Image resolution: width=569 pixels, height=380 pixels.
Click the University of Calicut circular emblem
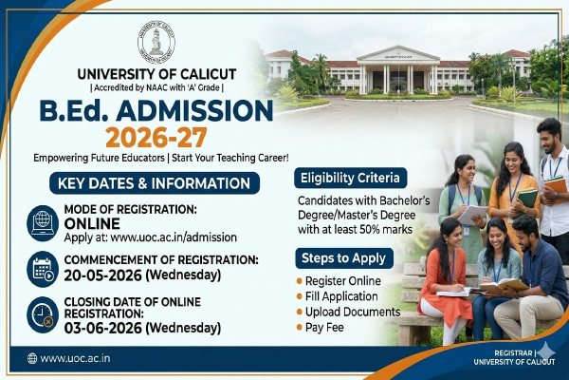point(156,42)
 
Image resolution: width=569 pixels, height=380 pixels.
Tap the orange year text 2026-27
point(156,138)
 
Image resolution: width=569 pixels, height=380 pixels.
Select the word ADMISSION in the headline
point(194,110)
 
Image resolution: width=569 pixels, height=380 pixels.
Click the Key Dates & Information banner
point(155,183)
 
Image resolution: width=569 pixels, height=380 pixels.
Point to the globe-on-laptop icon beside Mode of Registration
point(43,223)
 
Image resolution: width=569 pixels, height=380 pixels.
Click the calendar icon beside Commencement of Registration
point(43,269)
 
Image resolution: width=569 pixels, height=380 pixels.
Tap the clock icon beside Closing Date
point(43,314)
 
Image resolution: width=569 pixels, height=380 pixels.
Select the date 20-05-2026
point(102,275)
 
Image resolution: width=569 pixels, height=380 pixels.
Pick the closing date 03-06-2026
point(102,328)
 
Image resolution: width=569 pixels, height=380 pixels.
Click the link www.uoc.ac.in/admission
point(174,237)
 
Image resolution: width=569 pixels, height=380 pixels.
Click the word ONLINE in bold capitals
point(92,223)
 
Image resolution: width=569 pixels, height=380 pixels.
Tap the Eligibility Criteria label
point(350,178)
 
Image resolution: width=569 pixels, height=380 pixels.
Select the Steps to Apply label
point(344,258)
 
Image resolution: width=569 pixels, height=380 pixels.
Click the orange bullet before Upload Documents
point(300,312)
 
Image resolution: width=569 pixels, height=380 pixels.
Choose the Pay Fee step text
point(324,327)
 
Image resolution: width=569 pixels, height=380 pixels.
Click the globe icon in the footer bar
point(32,358)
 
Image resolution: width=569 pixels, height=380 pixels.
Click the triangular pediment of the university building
point(398,53)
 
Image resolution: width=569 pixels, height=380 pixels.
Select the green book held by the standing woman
point(527,199)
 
